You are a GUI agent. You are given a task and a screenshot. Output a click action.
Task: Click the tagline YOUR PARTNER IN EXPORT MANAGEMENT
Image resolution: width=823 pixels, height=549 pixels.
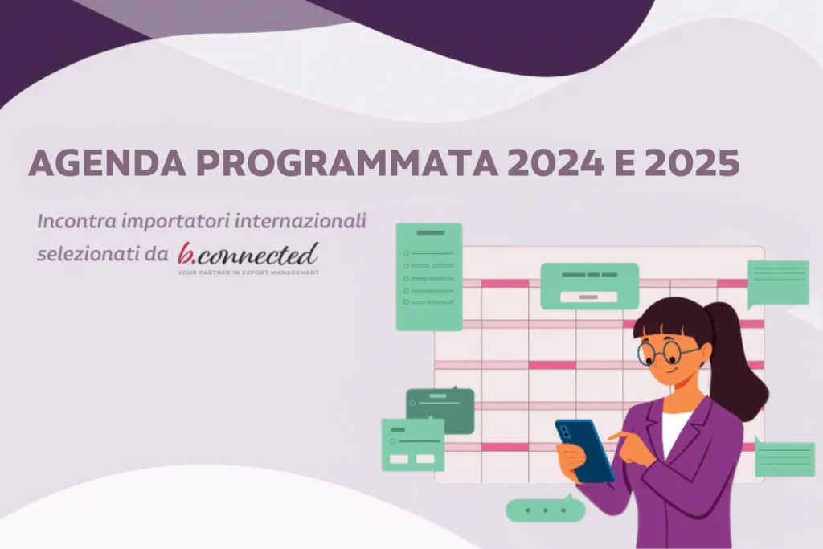(248, 273)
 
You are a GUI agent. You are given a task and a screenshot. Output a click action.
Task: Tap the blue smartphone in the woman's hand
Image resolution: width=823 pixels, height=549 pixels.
(584, 450)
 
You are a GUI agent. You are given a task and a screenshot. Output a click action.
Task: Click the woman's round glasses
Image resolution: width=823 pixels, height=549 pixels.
(667, 351)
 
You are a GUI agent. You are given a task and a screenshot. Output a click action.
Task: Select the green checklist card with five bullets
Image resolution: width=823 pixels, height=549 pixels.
(428, 277)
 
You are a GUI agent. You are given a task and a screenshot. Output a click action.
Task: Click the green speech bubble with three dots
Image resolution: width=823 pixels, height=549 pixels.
(544, 510)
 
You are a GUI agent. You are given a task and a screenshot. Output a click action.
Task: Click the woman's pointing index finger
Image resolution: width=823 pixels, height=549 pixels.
(616, 435)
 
